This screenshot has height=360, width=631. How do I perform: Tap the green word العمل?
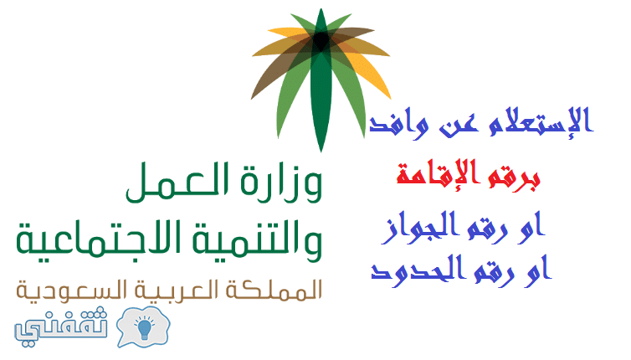[177, 182]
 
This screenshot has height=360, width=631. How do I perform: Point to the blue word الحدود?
[415, 270]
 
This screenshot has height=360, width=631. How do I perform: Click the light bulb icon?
[144, 327]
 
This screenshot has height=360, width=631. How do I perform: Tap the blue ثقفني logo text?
[61, 327]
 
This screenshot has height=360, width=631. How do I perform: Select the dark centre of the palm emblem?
[321, 40]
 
